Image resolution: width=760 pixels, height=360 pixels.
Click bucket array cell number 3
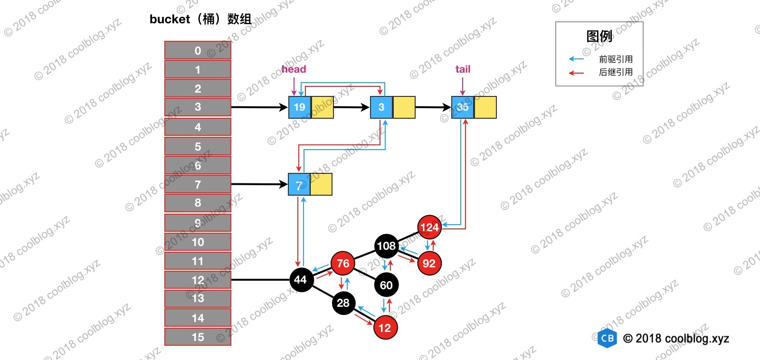pyautogui.click(x=198, y=107)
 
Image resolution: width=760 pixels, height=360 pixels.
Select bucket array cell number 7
pyautogui.click(x=198, y=184)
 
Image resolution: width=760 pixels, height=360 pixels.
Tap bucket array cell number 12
pyautogui.click(x=198, y=280)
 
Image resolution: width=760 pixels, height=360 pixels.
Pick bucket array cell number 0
pyautogui.click(x=198, y=50)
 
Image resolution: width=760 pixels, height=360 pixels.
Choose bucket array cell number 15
pyautogui.click(x=198, y=337)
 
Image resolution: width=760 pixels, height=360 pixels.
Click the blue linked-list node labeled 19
pyautogui.click(x=300, y=107)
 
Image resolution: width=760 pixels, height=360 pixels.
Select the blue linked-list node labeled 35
pyautogui.click(x=463, y=107)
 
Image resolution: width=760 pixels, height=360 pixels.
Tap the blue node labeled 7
pyautogui.click(x=299, y=185)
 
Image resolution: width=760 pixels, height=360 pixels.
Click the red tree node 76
pyautogui.click(x=343, y=264)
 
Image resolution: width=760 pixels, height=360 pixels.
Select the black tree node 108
pyautogui.click(x=386, y=246)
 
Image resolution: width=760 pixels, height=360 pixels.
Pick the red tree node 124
pyautogui.click(x=429, y=227)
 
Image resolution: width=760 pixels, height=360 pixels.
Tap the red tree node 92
pyautogui.click(x=429, y=264)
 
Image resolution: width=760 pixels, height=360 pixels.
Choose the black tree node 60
pyautogui.click(x=386, y=285)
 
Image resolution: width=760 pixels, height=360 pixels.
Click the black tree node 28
pyautogui.click(x=343, y=303)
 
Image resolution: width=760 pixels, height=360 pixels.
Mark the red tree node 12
pyautogui.click(x=385, y=328)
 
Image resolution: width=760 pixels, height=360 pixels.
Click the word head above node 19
pyautogui.click(x=294, y=69)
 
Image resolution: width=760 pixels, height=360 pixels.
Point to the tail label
pyautogui.click(x=463, y=69)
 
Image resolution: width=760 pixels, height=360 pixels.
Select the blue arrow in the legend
pyautogui.click(x=576, y=59)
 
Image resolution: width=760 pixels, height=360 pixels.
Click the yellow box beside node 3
pyautogui.click(x=404, y=107)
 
